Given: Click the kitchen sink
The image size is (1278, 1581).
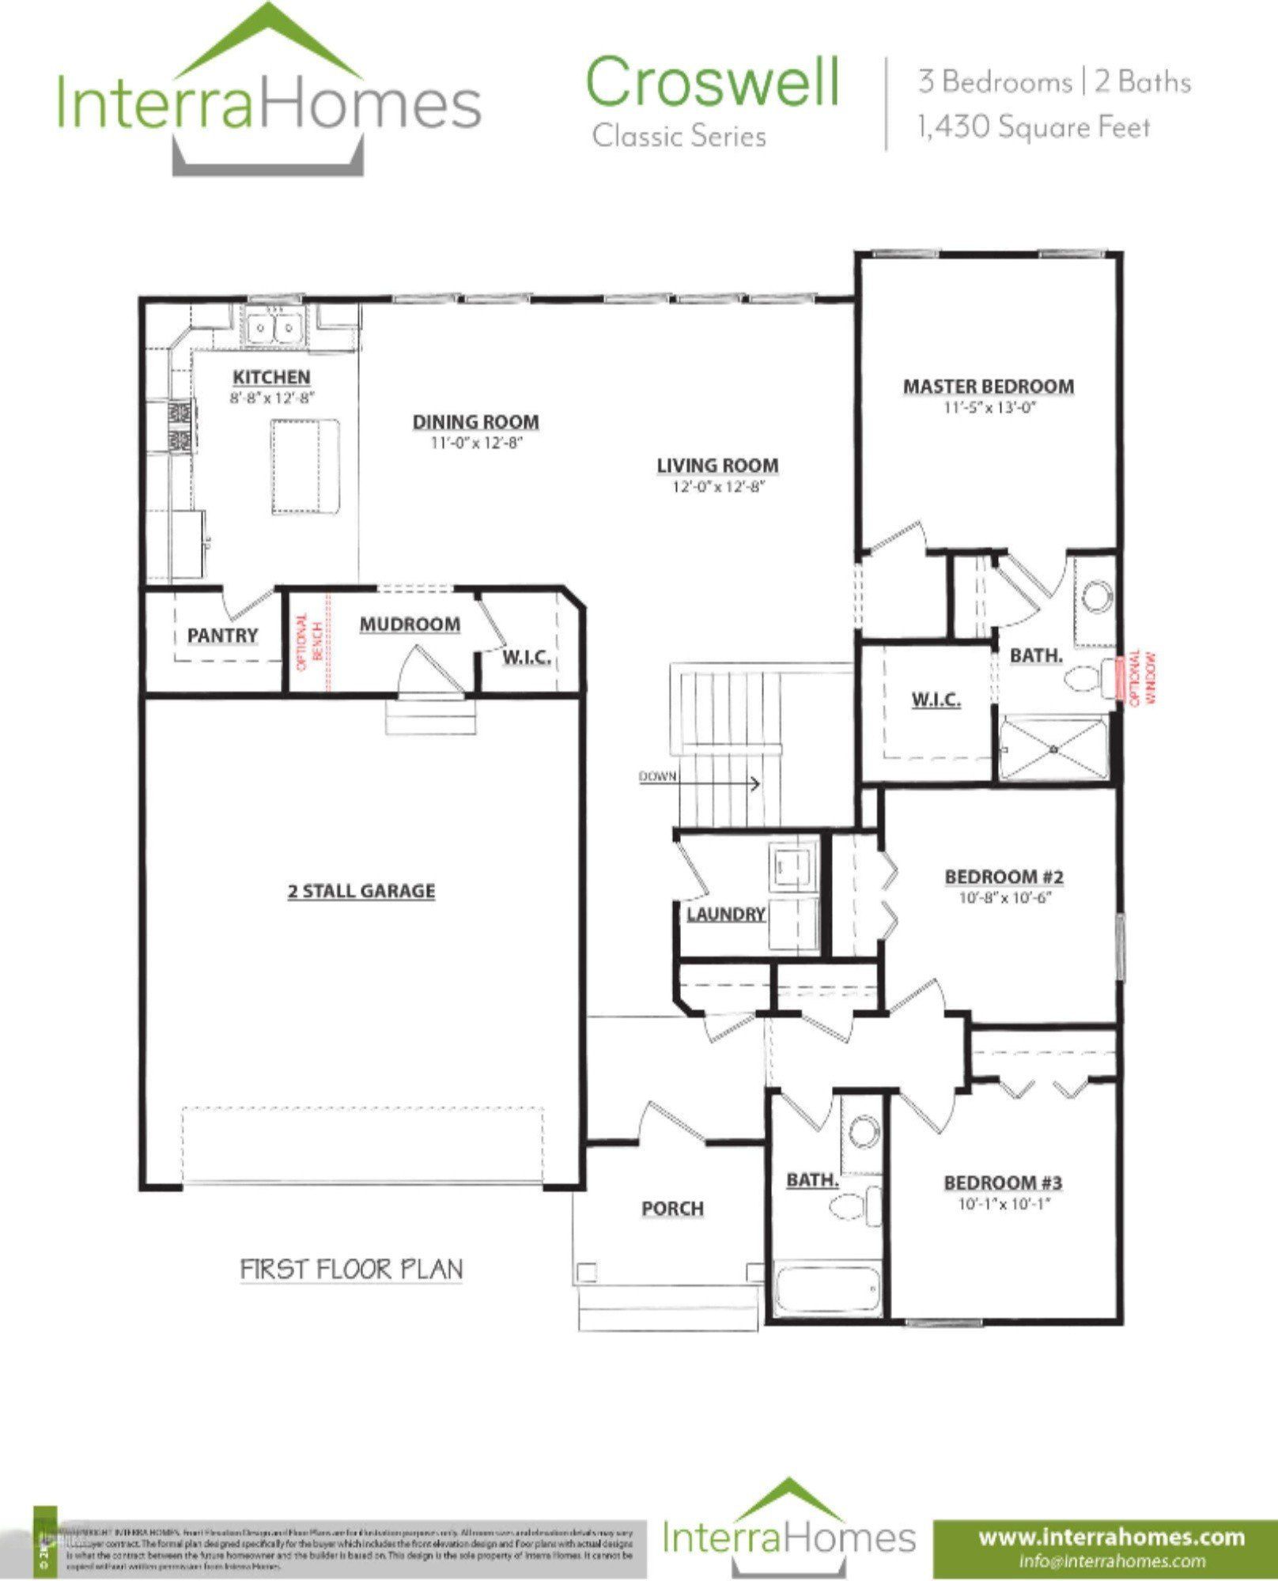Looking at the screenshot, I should (x=273, y=326).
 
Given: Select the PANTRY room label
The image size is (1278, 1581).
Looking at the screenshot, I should (x=223, y=636).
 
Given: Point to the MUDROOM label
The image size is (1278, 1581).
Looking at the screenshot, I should (x=410, y=624).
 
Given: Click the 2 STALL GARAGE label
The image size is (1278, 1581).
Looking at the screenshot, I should (x=361, y=891).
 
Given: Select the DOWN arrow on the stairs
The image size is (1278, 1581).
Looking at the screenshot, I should (x=751, y=784).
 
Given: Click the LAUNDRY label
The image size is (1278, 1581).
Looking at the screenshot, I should (x=725, y=915).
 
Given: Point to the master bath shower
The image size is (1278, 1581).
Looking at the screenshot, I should (x=1053, y=747).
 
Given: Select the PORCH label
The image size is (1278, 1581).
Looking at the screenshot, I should (x=672, y=1209).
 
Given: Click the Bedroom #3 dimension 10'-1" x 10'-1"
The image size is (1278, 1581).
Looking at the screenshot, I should (x=1003, y=1205).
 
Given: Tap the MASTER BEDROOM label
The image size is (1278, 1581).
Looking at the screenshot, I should (x=989, y=387).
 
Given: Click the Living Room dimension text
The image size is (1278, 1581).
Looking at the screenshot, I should (x=718, y=487).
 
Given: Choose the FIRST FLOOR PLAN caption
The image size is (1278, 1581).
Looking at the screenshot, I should (x=352, y=1270).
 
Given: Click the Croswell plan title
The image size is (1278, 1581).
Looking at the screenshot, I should (x=712, y=82).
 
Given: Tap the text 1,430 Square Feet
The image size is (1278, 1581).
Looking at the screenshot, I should (x=1033, y=127).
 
